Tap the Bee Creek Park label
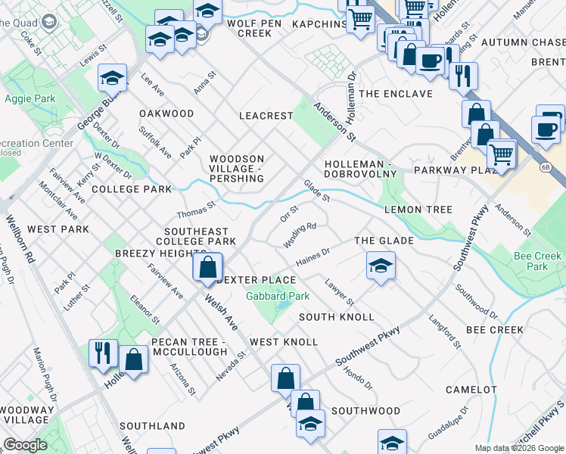pyautogui.click(x=537, y=261)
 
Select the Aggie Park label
pyautogui.click(x=30, y=98)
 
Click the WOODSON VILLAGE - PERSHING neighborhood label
pyautogui.click(x=236, y=169)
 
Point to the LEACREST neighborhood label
pyautogui.click(x=266, y=116)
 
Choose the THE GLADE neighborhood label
pyautogui.click(x=384, y=241)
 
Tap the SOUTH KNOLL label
pyautogui.click(x=336, y=316)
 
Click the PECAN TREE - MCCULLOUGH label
pyautogui.click(x=189, y=347)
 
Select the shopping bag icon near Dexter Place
pyautogui.click(x=207, y=267)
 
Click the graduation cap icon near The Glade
pyautogui.click(x=381, y=266)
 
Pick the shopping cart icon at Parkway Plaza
pyautogui.click(x=501, y=154)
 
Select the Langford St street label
pyautogui.click(x=445, y=333)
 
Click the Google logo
pyautogui.click(x=26, y=445)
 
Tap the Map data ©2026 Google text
pyautogui.click(x=518, y=448)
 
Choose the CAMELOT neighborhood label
pyautogui.click(x=471, y=390)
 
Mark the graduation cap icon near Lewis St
pyautogui.click(x=112, y=77)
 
